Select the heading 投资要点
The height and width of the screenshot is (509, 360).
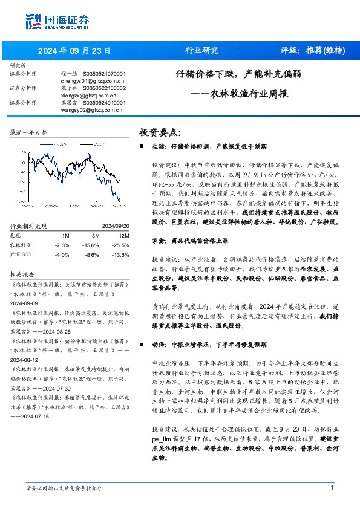160,132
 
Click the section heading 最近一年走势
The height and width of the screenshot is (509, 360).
28,131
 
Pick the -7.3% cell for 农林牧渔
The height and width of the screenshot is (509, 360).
62,228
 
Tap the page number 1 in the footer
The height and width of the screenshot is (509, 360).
332,488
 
